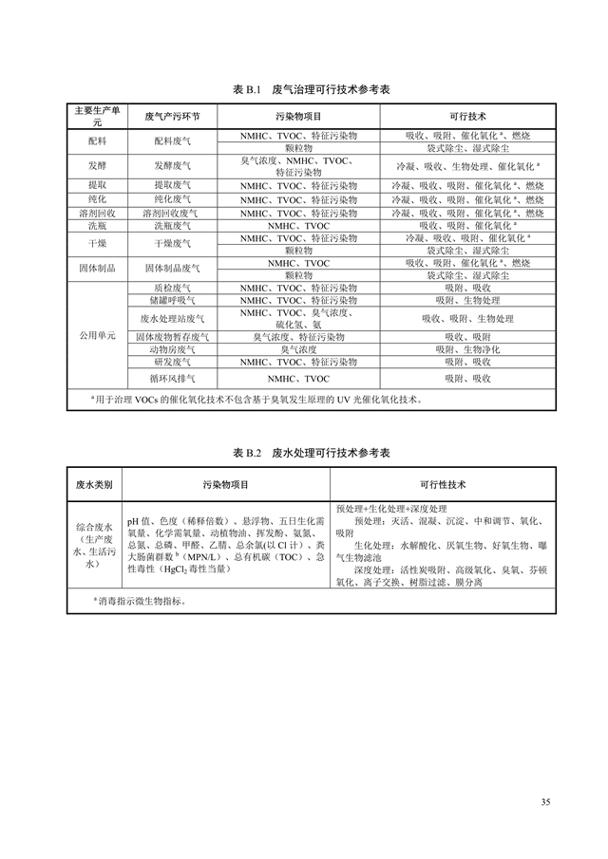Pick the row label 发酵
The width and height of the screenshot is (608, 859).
click(97, 166)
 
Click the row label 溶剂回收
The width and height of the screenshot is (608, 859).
click(97, 214)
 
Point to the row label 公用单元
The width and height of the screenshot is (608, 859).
click(97, 336)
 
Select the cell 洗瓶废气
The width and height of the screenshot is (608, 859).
click(172, 226)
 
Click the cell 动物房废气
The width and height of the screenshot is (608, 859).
click(172, 349)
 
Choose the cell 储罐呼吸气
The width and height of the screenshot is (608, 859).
click(172, 300)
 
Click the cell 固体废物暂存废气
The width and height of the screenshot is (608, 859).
click(172, 337)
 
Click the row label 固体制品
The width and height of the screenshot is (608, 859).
click(97, 269)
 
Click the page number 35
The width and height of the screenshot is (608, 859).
click(545, 803)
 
